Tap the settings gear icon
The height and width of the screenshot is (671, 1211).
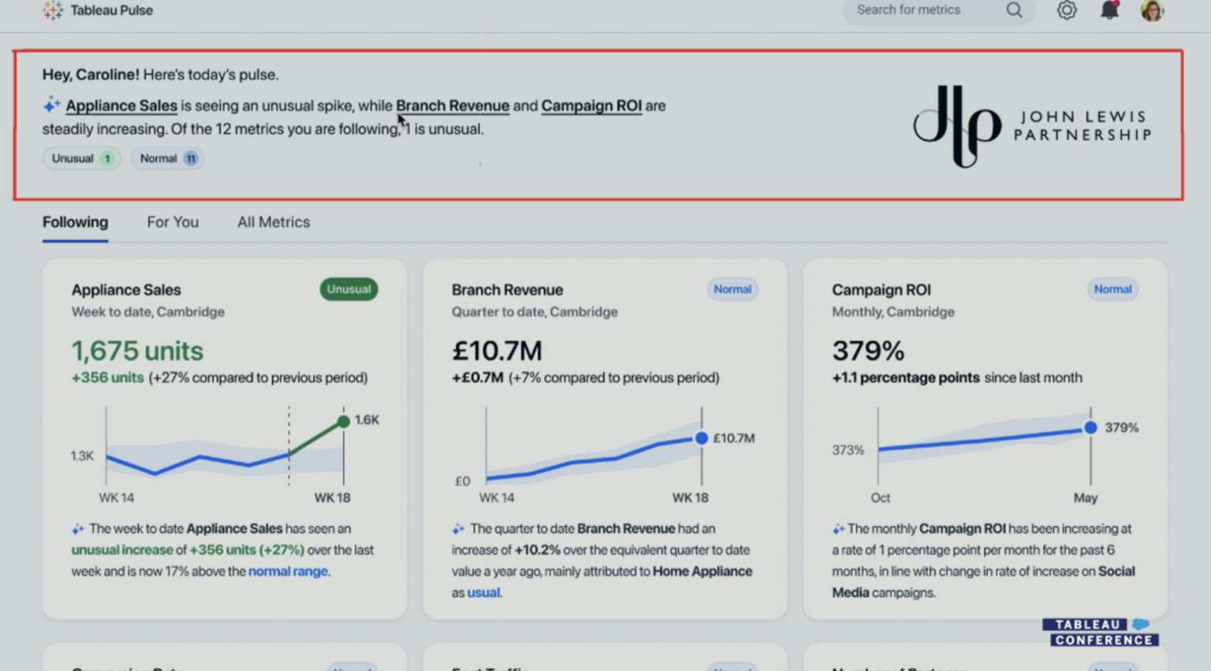pos(1067,10)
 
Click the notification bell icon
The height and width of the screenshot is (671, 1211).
pos(1109,10)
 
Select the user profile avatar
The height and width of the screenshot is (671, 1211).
pos(1152,10)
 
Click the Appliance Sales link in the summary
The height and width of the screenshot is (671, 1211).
pos(121,106)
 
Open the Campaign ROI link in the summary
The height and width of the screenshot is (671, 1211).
pos(591,106)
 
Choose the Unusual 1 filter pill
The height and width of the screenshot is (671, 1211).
pos(81,158)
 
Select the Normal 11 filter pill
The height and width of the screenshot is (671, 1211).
pos(167,158)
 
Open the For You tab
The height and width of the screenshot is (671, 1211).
pos(173,222)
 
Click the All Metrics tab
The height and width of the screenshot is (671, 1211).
pos(274,222)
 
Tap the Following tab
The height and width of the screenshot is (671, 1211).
pos(75,222)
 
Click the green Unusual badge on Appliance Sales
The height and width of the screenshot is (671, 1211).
pos(348,289)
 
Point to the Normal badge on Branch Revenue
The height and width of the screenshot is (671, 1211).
pos(732,289)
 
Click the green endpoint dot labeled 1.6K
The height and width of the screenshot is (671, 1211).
pos(344,421)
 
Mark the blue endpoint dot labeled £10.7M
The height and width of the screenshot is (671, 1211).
pos(701,438)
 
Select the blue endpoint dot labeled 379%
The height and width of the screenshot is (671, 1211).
pos(1090,427)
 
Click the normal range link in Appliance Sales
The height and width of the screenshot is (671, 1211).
pos(288,572)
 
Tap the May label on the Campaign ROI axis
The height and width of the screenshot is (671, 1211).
pos(1085,498)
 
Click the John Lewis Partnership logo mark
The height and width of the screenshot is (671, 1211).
pos(957,126)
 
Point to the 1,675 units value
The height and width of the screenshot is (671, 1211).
pos(137,351)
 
